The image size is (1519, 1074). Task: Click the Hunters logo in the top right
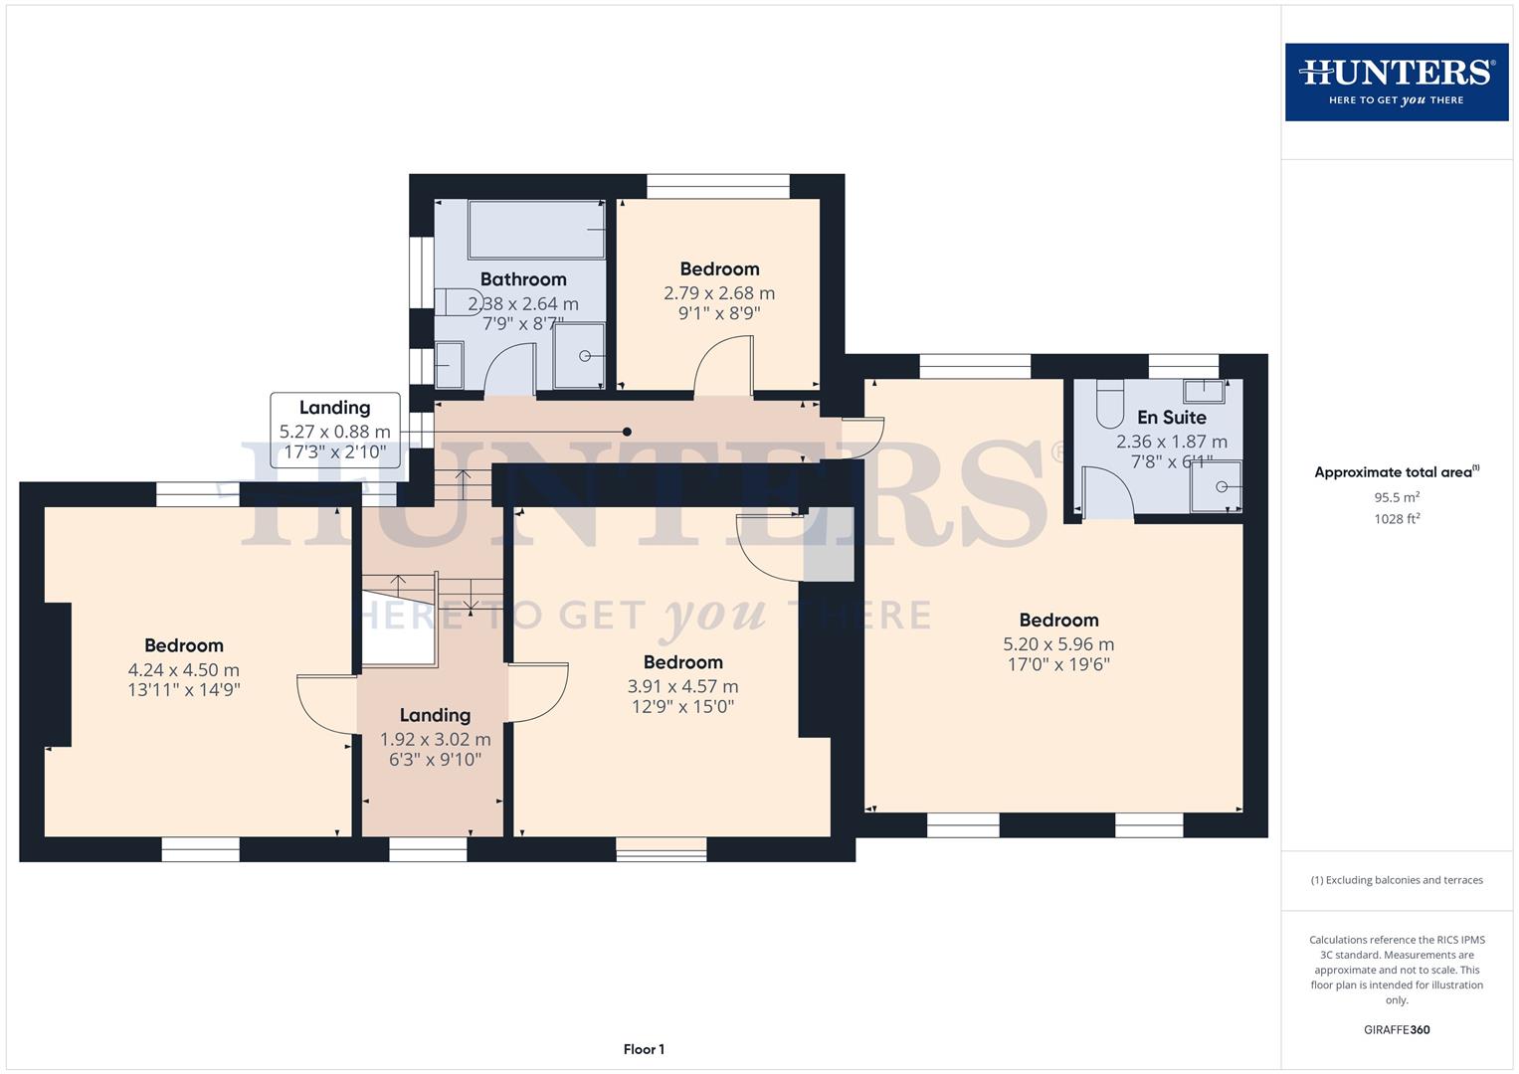[1396, 82]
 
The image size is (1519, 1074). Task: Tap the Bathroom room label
[523, 279]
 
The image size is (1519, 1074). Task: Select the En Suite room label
[1171, 418]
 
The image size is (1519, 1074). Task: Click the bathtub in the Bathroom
[536, 230]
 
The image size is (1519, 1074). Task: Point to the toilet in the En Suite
[1109, 403]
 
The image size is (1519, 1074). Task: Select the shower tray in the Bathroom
[579, 356]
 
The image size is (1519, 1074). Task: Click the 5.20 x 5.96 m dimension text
[1058, 644]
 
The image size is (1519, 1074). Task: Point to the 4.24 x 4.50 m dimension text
[184, 670]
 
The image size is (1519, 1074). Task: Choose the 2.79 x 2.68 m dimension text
[719, 293]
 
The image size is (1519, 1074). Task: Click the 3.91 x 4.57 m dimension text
[682, 686]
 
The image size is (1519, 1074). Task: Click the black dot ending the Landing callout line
[627, 432]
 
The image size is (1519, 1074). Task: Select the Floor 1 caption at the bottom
[644, 1049]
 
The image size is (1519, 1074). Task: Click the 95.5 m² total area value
[1396, 497]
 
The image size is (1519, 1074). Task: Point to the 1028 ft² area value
[1396, 518]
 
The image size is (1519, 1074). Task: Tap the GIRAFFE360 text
[1396, 1029]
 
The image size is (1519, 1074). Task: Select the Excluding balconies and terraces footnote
[1396, 880]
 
